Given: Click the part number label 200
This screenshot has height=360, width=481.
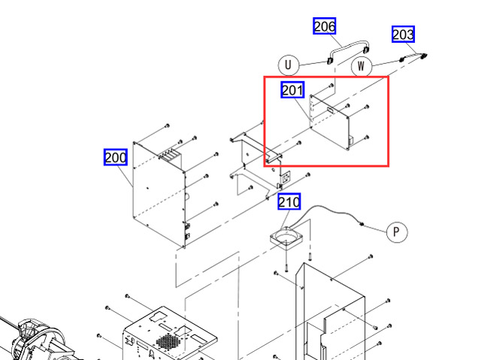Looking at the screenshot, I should pyautogui.click(x=115, y=157).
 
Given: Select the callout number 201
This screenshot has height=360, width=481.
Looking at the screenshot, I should pyautogui.click(x=292, y=90).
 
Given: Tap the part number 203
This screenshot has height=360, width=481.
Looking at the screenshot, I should pyautogui.click(x=403, y=35).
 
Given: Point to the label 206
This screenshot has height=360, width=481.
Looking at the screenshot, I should pyautogui.click(x=325, y=26).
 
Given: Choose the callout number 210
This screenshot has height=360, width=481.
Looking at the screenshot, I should pyautogui.click(x=289, y=202).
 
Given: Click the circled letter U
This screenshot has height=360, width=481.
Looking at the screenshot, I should pyautogui.click(x=288, y=65).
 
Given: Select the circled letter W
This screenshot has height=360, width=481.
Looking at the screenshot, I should pyautogui.click(x=362, y=66).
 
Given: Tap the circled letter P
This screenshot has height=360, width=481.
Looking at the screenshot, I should pyautogui.click(x=397, y=231).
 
